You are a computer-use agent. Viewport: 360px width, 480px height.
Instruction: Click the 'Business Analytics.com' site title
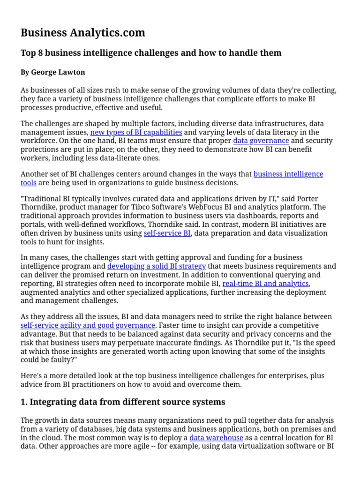tap(82, 32)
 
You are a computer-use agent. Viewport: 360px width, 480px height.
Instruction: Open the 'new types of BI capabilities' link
tap(136, 132)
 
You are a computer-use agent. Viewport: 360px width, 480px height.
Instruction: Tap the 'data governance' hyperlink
tap(261, 141)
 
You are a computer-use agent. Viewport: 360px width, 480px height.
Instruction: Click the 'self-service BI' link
tap(167, 233)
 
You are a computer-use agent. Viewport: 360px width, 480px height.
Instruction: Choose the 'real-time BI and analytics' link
tap(265, 284)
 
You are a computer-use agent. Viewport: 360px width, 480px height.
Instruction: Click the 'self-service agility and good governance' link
tap(88, 325)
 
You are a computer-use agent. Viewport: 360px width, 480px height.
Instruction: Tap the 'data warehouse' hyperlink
tap(216, 437)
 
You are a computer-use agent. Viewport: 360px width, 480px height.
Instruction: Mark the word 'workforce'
tap(38, 141)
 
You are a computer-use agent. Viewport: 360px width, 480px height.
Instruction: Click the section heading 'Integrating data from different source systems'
tap(123, 402)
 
